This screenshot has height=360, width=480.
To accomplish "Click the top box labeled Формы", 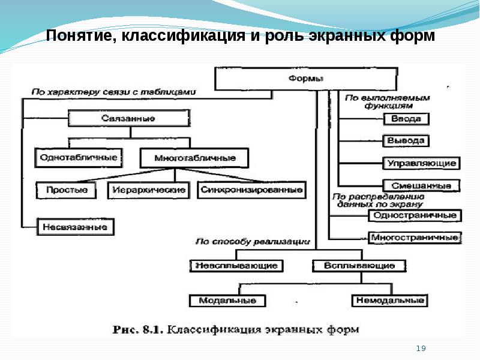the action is [x=306, y=79].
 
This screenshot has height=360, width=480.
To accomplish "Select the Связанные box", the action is [x=129, y=118].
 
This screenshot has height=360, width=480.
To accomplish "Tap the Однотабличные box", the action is [x=79, y=158].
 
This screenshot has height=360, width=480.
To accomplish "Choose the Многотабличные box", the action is [x=194, y=158].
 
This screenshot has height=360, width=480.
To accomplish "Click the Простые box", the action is [x=66, y=190].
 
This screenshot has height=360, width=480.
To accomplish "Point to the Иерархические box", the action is [x=148, y=190].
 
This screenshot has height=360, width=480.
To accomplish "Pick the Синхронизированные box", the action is [x=251, y=190].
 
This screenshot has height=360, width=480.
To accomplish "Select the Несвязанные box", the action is [x=76, y=227].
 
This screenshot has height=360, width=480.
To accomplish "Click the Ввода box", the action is [x=406, y=119].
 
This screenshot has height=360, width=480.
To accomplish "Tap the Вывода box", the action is [x=406, y=141].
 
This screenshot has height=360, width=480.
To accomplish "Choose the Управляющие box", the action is [x=422, y=163].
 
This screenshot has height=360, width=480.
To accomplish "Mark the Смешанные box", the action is [x=422, y=185].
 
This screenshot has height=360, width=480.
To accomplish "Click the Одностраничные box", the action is [x=415, y=215].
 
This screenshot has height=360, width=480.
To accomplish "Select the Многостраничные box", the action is [x=415, y=238].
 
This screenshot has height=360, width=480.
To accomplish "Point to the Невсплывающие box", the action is [x=236, y=266].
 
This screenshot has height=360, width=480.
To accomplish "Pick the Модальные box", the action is [x=227, y=301].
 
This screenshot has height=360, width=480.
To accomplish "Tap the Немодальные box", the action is [x=389, y=301].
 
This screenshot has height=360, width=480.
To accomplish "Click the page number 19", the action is [x=421, y=348].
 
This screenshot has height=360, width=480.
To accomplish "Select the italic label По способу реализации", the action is [x=253, y=242].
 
